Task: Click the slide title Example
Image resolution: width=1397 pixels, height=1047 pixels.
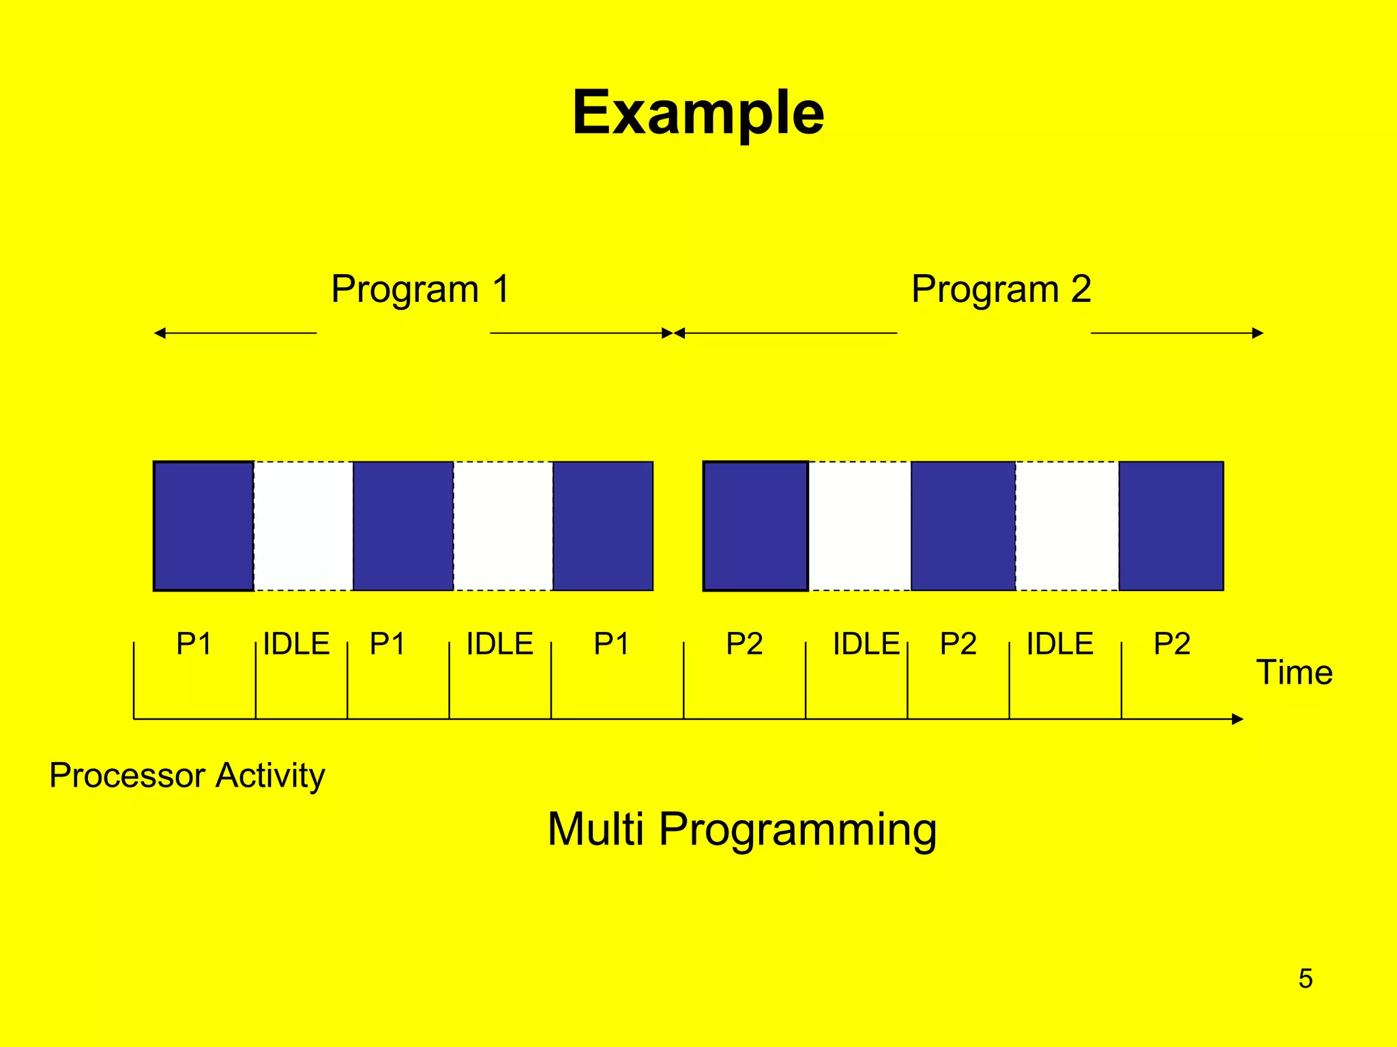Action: pyautogui.click(x=698, y=112)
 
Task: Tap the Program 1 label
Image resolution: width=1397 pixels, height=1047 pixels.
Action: pyautogui.click(x=420, y=289)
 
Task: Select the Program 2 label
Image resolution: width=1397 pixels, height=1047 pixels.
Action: pyautogui.click(x=1001, y=289)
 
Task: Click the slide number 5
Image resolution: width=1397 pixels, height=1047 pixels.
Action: pyautogui.click(x=1305, y=978)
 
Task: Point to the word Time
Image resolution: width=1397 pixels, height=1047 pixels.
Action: pyautogui.click(x=1294, y=672)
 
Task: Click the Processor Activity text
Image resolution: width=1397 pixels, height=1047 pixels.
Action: pyautogui.click(x=187, y=776)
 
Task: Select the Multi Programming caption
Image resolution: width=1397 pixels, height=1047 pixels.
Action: pyautogui.click(x=741, y=829)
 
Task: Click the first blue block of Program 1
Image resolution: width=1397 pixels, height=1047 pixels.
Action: pyautogui.click(x=203, y=526)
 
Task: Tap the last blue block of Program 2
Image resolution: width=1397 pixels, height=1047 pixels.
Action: pyautogui.click(x=1171, y=526)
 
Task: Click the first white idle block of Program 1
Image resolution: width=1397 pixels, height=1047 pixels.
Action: pyautogui.click(x=304, y=526)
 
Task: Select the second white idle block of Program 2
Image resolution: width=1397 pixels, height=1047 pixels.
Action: pyautogui.click(x=1067, y=526)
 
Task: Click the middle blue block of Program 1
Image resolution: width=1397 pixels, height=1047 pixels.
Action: pyautogui.click(x=403, y=526)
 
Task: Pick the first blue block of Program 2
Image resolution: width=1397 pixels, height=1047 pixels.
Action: pyautogui.click(x=755, y=526)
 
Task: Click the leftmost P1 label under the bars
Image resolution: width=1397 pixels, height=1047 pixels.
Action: pyautogui.click(x=194, y=643)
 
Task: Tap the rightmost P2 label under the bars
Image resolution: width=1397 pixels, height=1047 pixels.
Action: pyautogui.click(x=1171, y=643)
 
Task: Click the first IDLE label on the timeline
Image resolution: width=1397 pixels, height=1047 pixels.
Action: pyautogui.click(x=296, y=643)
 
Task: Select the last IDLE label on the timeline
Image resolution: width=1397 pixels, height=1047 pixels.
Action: pyautogui.click(x=1059, y=643)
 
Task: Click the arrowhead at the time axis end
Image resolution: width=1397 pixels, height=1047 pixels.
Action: pyautogui.click(x=1237, y=719)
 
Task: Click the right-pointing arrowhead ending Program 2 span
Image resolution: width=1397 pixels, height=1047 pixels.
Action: pyautogui.click(x=1258, y=333)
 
